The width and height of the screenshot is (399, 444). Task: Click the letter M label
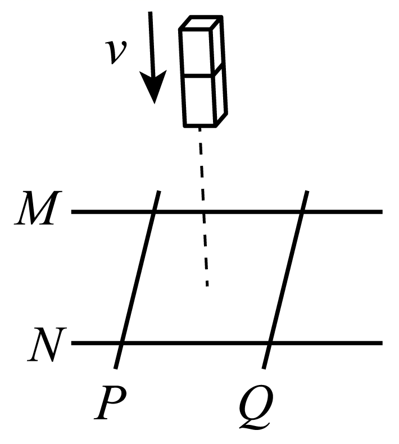(x=38, y=208)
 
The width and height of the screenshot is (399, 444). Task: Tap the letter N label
(x=47, y=345)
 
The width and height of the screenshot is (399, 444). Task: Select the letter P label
(x=110, y=402)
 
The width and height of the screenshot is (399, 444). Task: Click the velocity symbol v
(x=116, y=52)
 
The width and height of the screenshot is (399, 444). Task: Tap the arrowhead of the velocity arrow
(x=153, y=87)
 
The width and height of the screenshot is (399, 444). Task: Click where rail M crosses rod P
(x=154, y=211)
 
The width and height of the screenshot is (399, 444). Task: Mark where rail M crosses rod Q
(x=302, y=211)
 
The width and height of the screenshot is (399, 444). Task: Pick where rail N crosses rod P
(x=121, y=343)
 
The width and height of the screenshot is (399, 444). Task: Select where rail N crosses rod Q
(x=270, y=343)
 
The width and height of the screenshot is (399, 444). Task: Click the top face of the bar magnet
(x=201, y=22)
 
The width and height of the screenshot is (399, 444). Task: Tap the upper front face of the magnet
(x=196, y=52)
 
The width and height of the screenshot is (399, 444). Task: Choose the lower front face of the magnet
(x=199, y=100)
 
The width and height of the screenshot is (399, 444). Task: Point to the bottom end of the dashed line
(x=207, y=286)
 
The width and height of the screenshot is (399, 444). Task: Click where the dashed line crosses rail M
(x=203, y=211)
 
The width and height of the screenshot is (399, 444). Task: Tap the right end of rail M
(x=382, y=211)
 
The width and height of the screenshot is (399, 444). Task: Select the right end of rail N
(x=382, y=343)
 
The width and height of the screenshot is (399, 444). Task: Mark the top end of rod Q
(x=307, y=192)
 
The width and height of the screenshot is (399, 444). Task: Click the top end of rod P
(x=159, y=192)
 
